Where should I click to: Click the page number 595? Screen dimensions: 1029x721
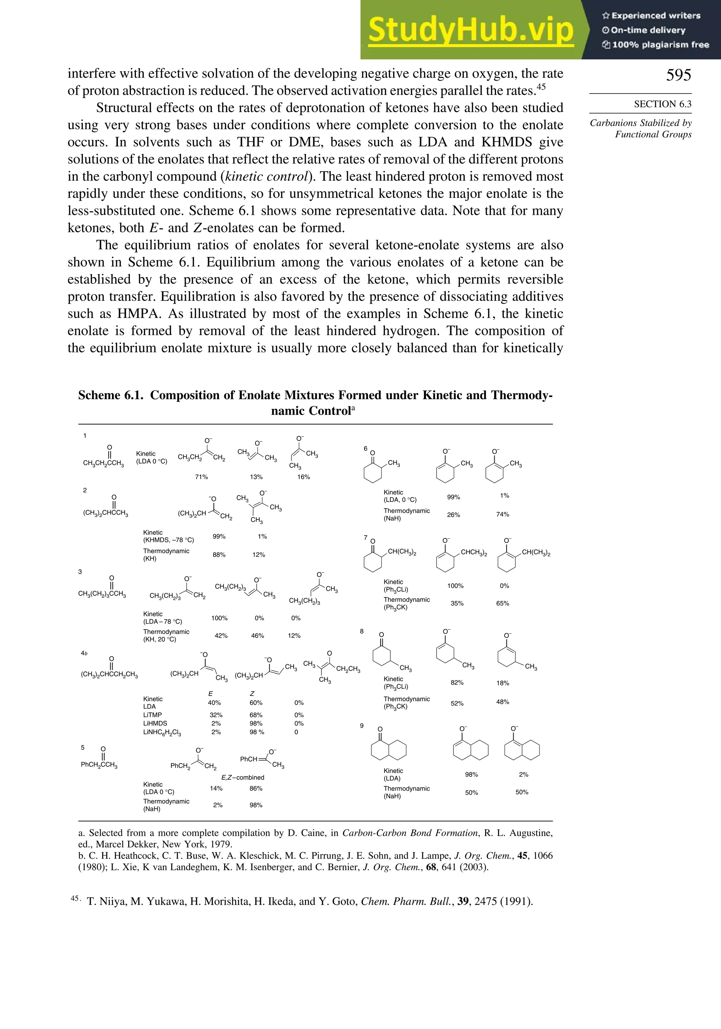(x=678, y=75)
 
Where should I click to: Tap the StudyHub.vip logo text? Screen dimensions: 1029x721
(x=471, y=30)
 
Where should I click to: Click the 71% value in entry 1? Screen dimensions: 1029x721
(x=201, y=477)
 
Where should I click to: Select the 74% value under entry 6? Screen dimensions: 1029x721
(x=502, y=514)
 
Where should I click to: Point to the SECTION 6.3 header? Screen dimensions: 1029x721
(x=662, y=104)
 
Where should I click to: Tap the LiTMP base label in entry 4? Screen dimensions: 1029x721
(x=152, y=715)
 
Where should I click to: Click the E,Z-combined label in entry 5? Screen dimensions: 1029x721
(x=243, y=777)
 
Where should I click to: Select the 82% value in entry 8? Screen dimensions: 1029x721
(x=457, y=683)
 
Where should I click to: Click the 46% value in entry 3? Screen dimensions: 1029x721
(x=258, y=635)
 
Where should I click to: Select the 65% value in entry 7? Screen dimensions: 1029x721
(x=502, y=603)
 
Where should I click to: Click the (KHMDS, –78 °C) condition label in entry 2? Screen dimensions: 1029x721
(x=168, y=540)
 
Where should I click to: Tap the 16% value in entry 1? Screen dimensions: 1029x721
(x=304, y=477)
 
